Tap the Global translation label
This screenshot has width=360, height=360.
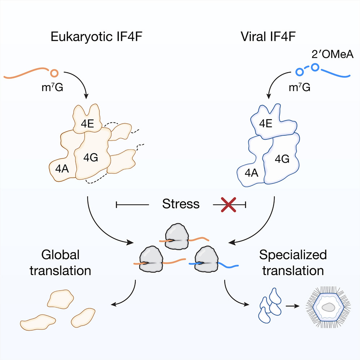[59, 262]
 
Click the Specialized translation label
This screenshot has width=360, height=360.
[293, 262]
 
